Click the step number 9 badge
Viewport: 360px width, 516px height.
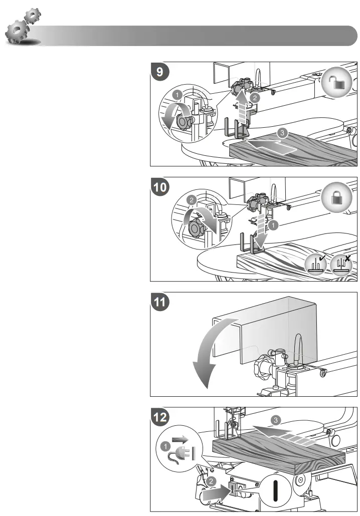click(x=160, y=72)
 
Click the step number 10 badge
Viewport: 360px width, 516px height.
click(x=161, y=187)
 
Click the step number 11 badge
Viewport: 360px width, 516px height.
click(x=161, y=302)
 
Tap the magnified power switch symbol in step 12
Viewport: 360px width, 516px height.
click(x=275, y=487)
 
